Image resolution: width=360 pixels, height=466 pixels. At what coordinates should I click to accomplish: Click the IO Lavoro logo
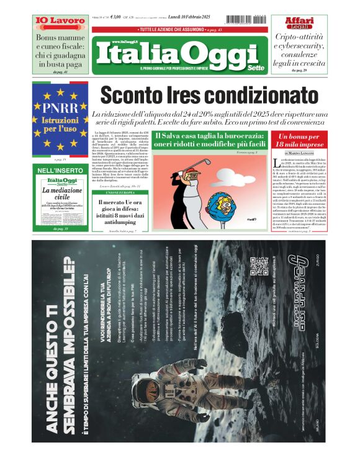(60, 20)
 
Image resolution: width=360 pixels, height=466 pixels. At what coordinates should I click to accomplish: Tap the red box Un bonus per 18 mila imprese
(300, 140)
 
